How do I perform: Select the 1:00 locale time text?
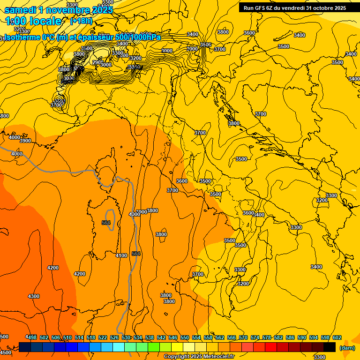33,21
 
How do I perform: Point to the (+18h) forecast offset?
81,21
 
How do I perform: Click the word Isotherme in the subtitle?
22,37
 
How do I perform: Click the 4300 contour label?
34,296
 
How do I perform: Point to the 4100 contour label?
121,255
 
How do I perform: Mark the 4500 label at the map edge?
5,352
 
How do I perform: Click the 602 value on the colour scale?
337,337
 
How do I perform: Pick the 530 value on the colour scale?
126,337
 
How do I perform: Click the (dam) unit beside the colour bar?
346,348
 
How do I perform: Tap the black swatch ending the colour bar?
330,347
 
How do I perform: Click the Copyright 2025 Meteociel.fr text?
199,357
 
